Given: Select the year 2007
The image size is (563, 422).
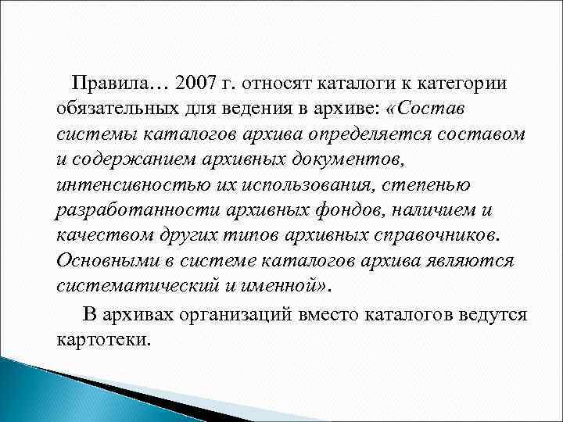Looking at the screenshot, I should click(x=199, y=82).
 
